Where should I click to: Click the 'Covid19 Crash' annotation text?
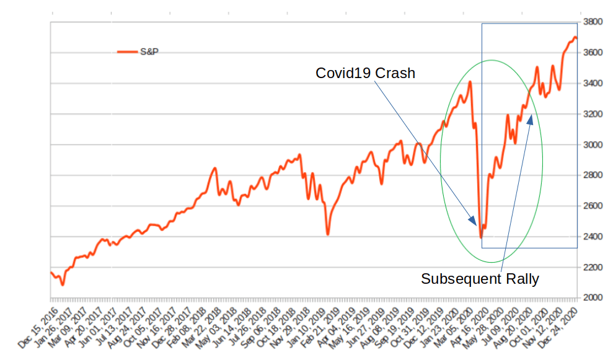pos(365,73)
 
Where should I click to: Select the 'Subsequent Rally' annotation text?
pos(480,279)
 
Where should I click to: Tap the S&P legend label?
pos(149,51)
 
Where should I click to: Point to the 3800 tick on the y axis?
pos(592,22)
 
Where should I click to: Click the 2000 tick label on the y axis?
pos(592,298)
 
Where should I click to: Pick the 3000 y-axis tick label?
pos(592,144)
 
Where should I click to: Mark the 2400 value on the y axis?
pos(592,237)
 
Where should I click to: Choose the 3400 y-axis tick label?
pos(592,83)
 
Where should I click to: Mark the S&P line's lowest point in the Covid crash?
pos(481,238)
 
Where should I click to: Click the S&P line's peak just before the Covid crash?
pos(470,82)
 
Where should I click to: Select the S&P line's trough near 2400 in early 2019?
pos(327,234)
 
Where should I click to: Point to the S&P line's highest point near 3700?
pos(575,37)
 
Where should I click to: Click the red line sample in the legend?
pos(127,52)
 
